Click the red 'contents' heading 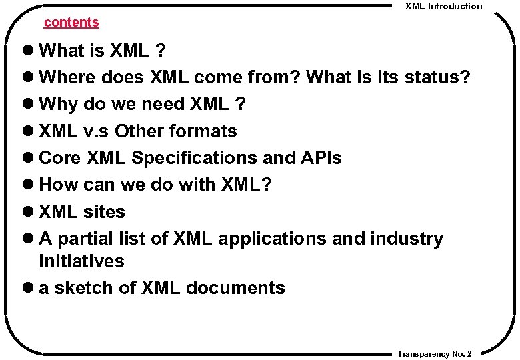pyautogui.click(x=71, y=22)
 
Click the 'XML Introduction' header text pyautogui.click(x=444, y=6)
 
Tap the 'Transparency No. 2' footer pyautogui.click(x=435, y=353)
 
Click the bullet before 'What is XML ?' pyautogui.click(x=31, y=51)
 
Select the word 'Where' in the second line pyautogui.click(x=68, y=77)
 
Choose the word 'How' pyautogui.click(x=58, y=185)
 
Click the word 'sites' pyautogui.click(x=104, y=212)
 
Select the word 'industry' pyautogui.click(x=406, y=239)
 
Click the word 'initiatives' pyautogui.click(x=81, y=261)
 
